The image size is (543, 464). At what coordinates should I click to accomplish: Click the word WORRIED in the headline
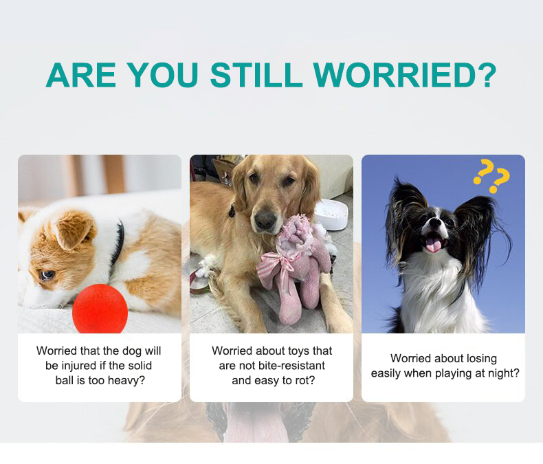[x=395, y=75]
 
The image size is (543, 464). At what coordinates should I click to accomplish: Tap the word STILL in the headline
[x=256, y=75]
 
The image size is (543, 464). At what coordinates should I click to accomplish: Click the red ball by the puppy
[x=100, y=309]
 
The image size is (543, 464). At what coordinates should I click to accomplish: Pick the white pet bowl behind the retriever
[x=331, y=214]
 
